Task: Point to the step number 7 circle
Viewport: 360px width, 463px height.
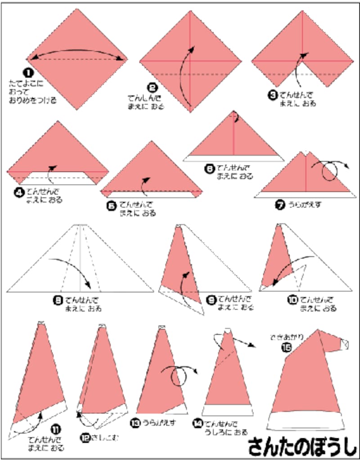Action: pos(280,205)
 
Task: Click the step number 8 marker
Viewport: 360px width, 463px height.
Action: pos(58,300)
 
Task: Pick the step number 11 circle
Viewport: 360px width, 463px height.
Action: pos(57,429)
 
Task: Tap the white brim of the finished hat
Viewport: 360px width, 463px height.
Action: pos(308,421)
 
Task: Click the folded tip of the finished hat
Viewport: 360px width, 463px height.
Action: pos(343,344)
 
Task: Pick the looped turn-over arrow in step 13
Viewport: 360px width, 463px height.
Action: pos(181,374)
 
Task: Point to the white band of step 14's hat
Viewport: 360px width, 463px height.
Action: pos(227,410)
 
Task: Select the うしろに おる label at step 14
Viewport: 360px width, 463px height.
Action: pos(226,432)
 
